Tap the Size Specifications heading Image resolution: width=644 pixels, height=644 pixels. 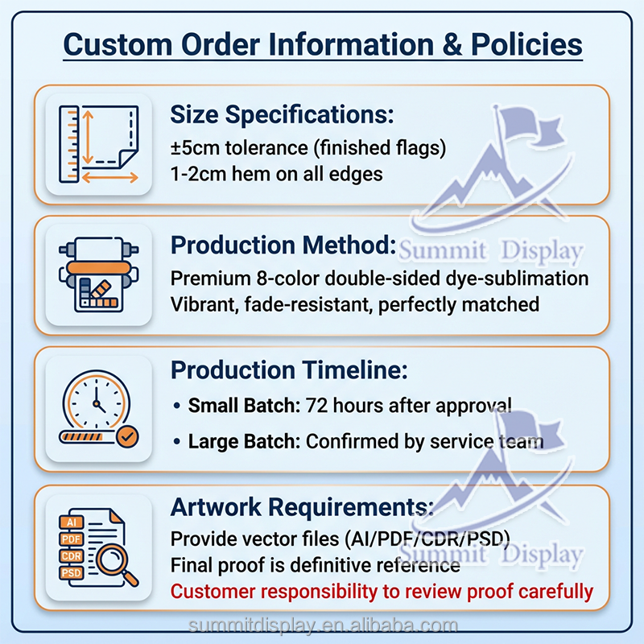pos(282,114)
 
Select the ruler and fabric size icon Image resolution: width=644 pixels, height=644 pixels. pos(99,144)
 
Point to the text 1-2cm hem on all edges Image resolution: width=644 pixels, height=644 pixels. pos(276,172)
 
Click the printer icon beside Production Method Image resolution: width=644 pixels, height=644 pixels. pos(99,275)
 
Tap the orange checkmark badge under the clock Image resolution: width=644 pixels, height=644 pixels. pos(127,437)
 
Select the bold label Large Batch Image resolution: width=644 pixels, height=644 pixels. pos(243,441)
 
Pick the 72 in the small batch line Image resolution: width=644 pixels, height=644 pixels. pos(316,406)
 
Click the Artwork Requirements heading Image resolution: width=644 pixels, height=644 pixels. pos(302,506)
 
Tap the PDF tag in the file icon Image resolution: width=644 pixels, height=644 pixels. pos(70,538)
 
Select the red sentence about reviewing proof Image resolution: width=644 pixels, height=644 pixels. pos(382,592)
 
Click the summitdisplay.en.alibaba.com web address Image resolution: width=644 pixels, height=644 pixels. pos(322,625)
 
